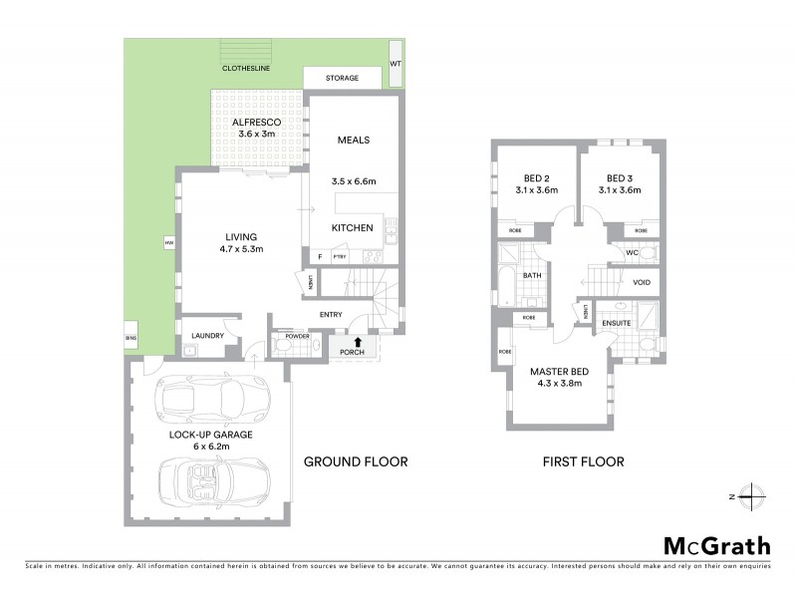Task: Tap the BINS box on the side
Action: (x=130, y=337)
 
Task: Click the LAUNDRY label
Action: (x=207, y=337)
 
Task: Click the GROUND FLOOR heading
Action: (x=356, y=461)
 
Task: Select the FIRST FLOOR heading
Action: (x=583, y=461)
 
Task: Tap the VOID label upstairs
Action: (x=642, y=282)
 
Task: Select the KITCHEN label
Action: (x=352, y=228)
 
